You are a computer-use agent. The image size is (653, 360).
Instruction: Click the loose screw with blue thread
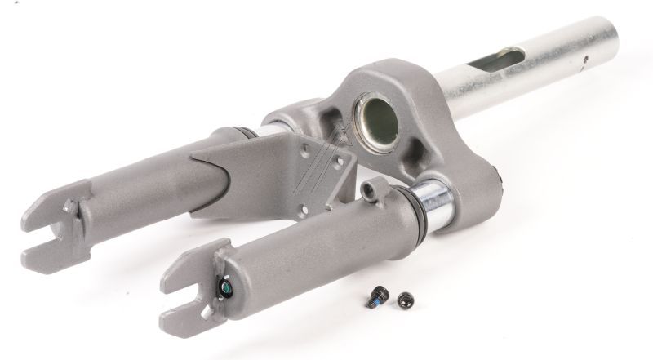(x=379, y=299)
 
